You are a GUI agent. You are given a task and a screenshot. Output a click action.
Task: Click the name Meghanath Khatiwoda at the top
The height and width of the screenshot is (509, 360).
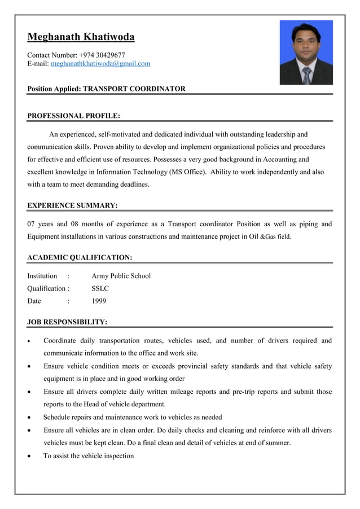pyautogui.click(x=81, y=38)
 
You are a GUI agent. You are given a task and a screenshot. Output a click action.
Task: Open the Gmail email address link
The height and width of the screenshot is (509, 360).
pyautogui.click(x=100, y=64)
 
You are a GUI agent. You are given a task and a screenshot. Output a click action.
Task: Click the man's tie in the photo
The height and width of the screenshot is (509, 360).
pyautogui.click(x=306, y=74)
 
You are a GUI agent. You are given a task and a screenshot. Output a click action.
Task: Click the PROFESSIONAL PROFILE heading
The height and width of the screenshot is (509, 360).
pyautogui.click(x=73, y=116)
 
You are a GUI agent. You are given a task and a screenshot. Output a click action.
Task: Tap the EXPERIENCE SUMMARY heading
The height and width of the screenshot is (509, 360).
pyautogui.click(x=72, y=205)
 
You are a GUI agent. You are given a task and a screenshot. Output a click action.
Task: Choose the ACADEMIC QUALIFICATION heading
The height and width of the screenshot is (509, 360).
pyautogui.click(x=80, y=257)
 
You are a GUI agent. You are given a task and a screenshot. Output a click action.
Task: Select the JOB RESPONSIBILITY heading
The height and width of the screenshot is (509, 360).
pyautogui.click(x=67, y=322)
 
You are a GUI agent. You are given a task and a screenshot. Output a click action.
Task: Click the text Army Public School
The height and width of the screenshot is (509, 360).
pyautogui.click(x=121, y=276)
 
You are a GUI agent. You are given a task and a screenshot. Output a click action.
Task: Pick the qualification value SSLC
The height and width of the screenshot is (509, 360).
pyautogui.click(x=100, y=288)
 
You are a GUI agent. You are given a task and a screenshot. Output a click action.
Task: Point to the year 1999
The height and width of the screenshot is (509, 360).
pyautogui.click(x=99, y=301)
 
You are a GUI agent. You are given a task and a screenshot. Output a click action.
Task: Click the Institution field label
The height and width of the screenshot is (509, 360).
pyautogui.click(x=42, y=276)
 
